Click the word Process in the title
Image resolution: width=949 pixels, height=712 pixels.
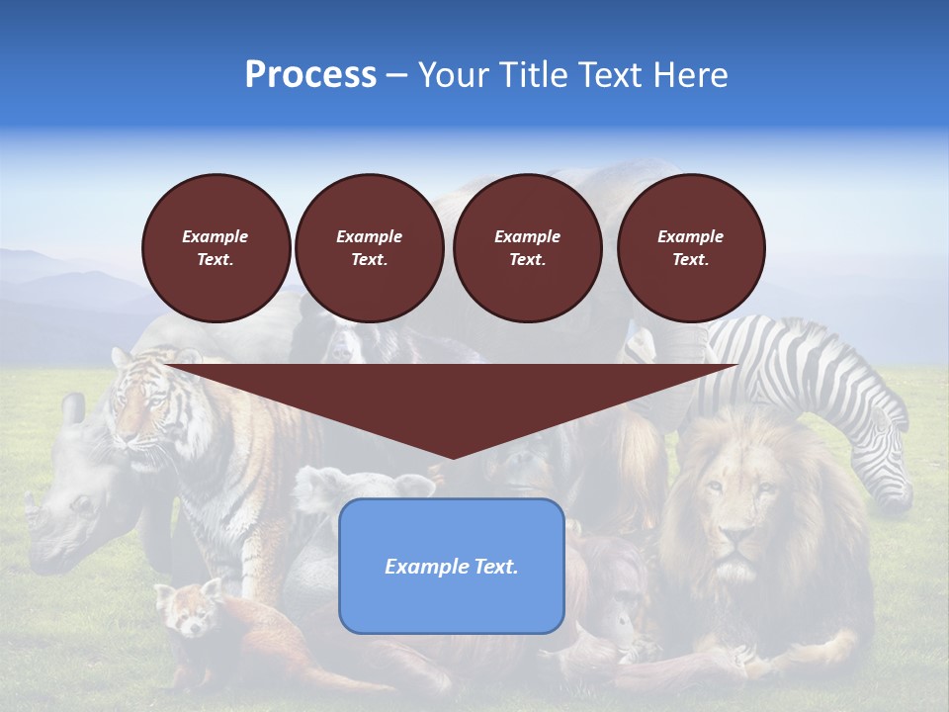tap(310, 75)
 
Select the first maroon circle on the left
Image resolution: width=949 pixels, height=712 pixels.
tap(216, 248)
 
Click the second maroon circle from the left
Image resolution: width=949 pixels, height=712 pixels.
tap(369, 248)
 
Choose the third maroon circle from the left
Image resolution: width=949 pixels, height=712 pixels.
tap(527, 248)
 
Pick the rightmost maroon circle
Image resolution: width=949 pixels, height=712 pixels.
tap(690, 248)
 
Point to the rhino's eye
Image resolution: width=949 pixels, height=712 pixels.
tap(79, 504)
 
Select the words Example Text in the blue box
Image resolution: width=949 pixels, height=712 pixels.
tap(451, 567)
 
